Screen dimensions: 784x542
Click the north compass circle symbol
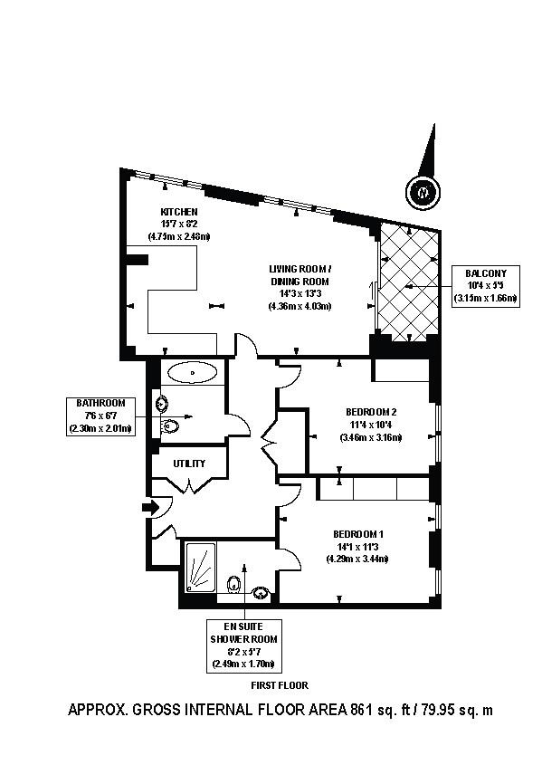(x=421, y=193)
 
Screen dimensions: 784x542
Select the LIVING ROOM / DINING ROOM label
(x=300, y=275)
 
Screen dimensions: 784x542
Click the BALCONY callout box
(x=485, y=285)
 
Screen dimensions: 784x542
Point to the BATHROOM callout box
(x=100, y=416)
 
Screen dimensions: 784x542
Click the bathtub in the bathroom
(x=192, y=371)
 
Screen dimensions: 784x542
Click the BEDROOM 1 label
(x=357, y=534)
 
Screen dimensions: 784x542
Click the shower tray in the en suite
(x=200, y=567)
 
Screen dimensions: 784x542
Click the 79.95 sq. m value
(x=455, y=711)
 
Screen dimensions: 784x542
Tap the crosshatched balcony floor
(x=409, y=282)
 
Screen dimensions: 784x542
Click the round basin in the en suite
(x=261, y=593)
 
